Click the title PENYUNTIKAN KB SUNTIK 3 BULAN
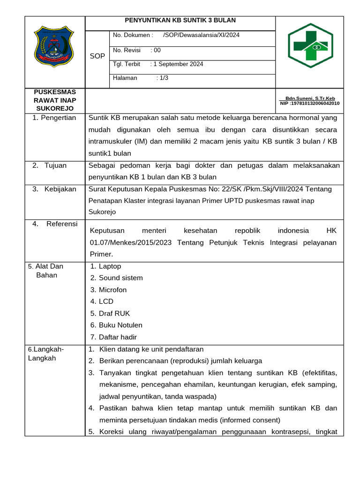tap(180, 21)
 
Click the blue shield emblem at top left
tap(54, 46)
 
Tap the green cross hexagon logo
tap(310, 45)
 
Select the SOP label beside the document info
tap(97, 56)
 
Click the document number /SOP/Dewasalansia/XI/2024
tap(201, 35)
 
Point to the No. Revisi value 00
tap(157, 50)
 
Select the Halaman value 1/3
tap(163, 78)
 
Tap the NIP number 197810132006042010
tap(310, 103)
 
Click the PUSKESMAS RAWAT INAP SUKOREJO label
tap(54, 100)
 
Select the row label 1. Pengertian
tap(54, 118)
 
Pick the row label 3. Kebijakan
tap(54, 189)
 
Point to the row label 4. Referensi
tap(55, 224)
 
